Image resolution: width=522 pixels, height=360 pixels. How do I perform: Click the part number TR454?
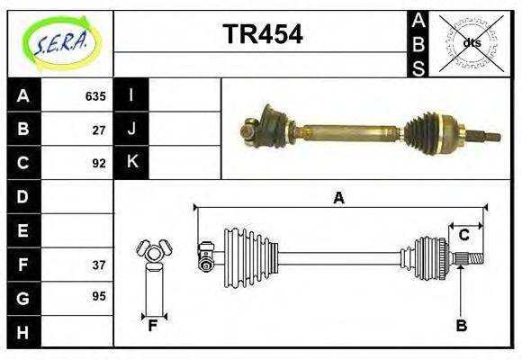click(x=262, y=35)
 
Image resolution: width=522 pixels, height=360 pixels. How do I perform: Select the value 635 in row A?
click(x=95, y=95)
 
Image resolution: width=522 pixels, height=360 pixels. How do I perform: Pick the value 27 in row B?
click(x=99, y=129)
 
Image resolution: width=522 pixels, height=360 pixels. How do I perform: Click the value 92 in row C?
click(x=99, y=163)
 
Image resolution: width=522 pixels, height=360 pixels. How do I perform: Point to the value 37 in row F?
click(x=99, y=265)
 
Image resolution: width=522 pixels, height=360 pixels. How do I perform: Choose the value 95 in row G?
click(x=99, y=296)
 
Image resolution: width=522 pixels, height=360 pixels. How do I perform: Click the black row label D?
click(x=23, y=196)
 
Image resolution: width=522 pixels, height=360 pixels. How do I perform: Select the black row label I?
click(x=131, y=95)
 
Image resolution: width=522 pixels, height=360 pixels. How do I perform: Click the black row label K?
click(x=131, y=163)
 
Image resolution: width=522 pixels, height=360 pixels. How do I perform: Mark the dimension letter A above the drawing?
click(x=338, y=198)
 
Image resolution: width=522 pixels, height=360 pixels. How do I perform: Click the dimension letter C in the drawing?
click(x=464, y=235)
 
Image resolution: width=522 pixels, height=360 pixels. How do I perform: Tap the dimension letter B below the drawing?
click(x=461, y=326)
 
